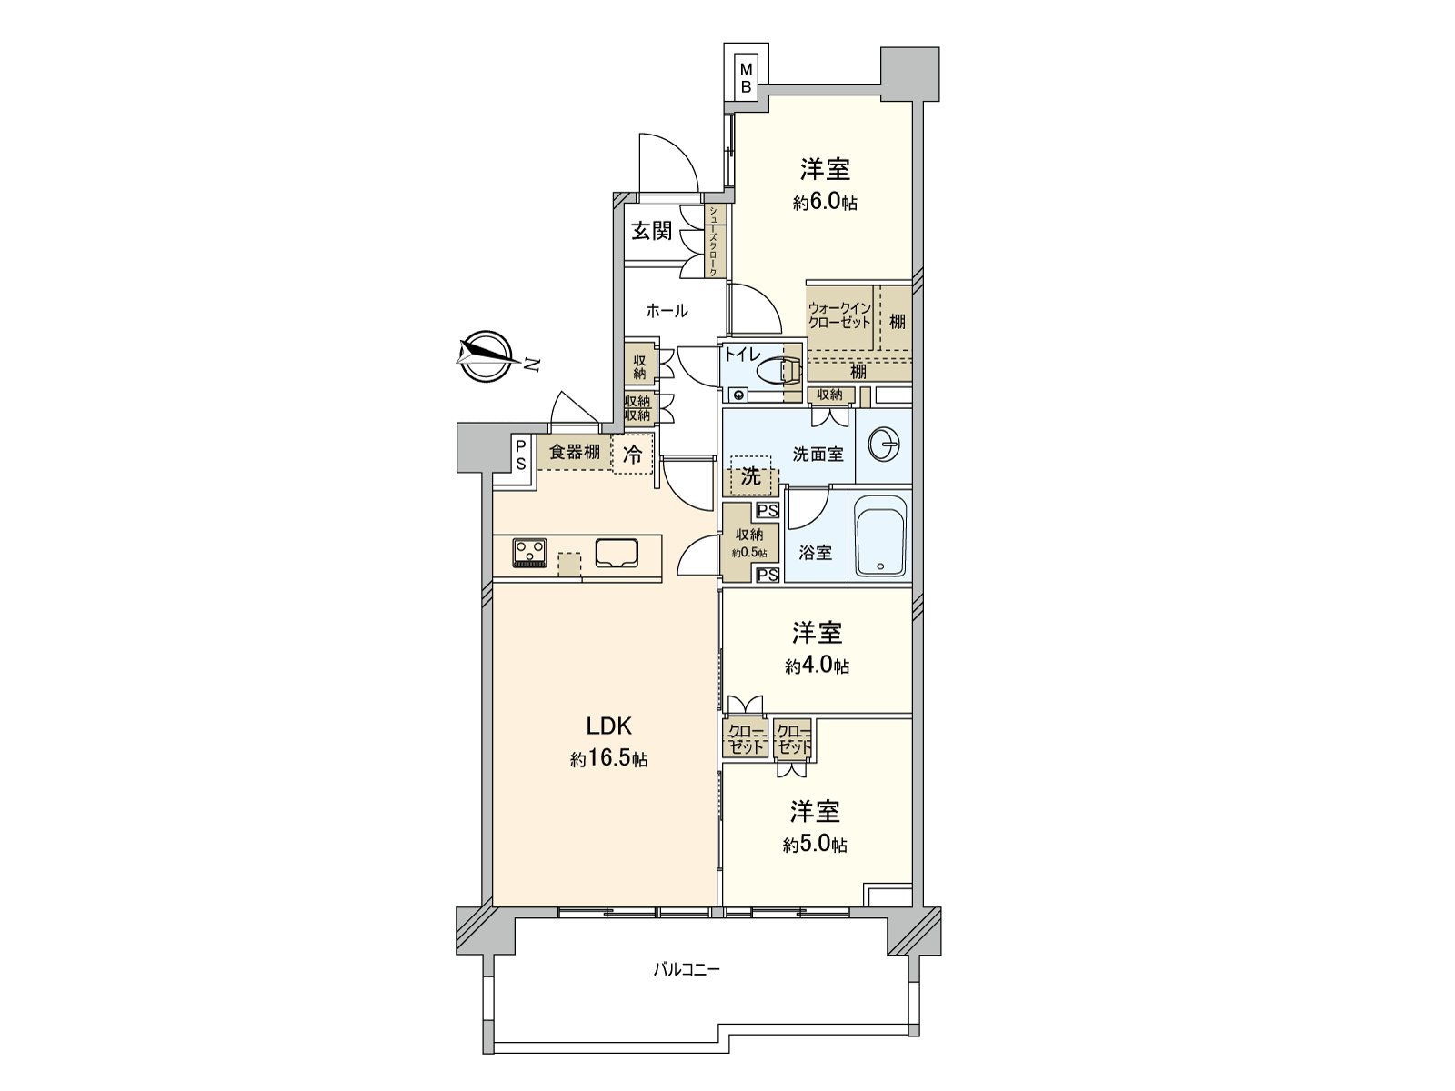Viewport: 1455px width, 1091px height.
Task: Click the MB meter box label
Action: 745,78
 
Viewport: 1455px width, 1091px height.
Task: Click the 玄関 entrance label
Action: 651,231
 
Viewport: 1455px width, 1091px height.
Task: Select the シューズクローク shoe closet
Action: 714,241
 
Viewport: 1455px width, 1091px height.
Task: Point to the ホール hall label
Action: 667,311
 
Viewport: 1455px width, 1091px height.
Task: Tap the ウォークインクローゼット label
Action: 839,315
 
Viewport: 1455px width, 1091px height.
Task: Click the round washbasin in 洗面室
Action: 883,445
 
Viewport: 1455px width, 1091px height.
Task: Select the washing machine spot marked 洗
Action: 751,475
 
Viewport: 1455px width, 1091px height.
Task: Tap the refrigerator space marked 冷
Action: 633,455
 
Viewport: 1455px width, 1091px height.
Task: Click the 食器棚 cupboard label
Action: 574,452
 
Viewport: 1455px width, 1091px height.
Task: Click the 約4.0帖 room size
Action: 818,666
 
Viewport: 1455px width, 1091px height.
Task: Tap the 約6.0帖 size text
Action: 825,204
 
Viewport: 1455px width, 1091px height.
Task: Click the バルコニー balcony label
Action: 687,969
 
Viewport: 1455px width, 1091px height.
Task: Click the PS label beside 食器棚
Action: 521,454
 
